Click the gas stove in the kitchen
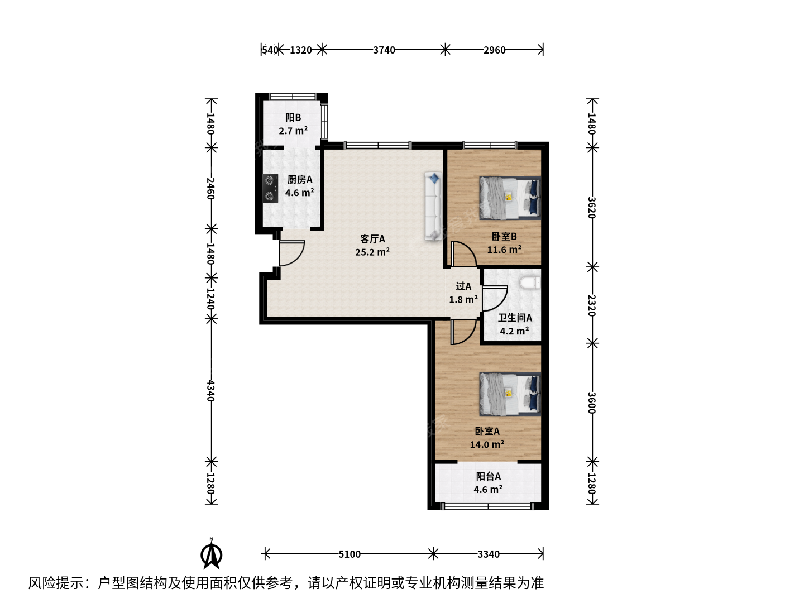[x=270, y=189]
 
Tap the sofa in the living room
[x=433, y=206]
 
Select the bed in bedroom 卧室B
[x=510, y=198]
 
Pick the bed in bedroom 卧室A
[x=510, y=394]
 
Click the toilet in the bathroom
[x=530, y=283]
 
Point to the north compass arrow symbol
[x=212, y=553]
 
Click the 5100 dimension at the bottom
[x=350, y=554]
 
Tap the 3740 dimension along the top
[x=384, y=50]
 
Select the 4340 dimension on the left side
[x=210, y=391]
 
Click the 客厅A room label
[x=372, y=239]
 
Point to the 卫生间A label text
[x=515, y=318]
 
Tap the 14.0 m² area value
[x=487, y=444]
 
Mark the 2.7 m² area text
[x=293, y=130]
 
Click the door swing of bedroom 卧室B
[x=464, y=253]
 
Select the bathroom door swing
[x=495, y=299]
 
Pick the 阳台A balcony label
[x=488, y=476]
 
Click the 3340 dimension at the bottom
[x=488, y=554]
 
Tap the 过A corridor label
[x=463, y=286]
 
